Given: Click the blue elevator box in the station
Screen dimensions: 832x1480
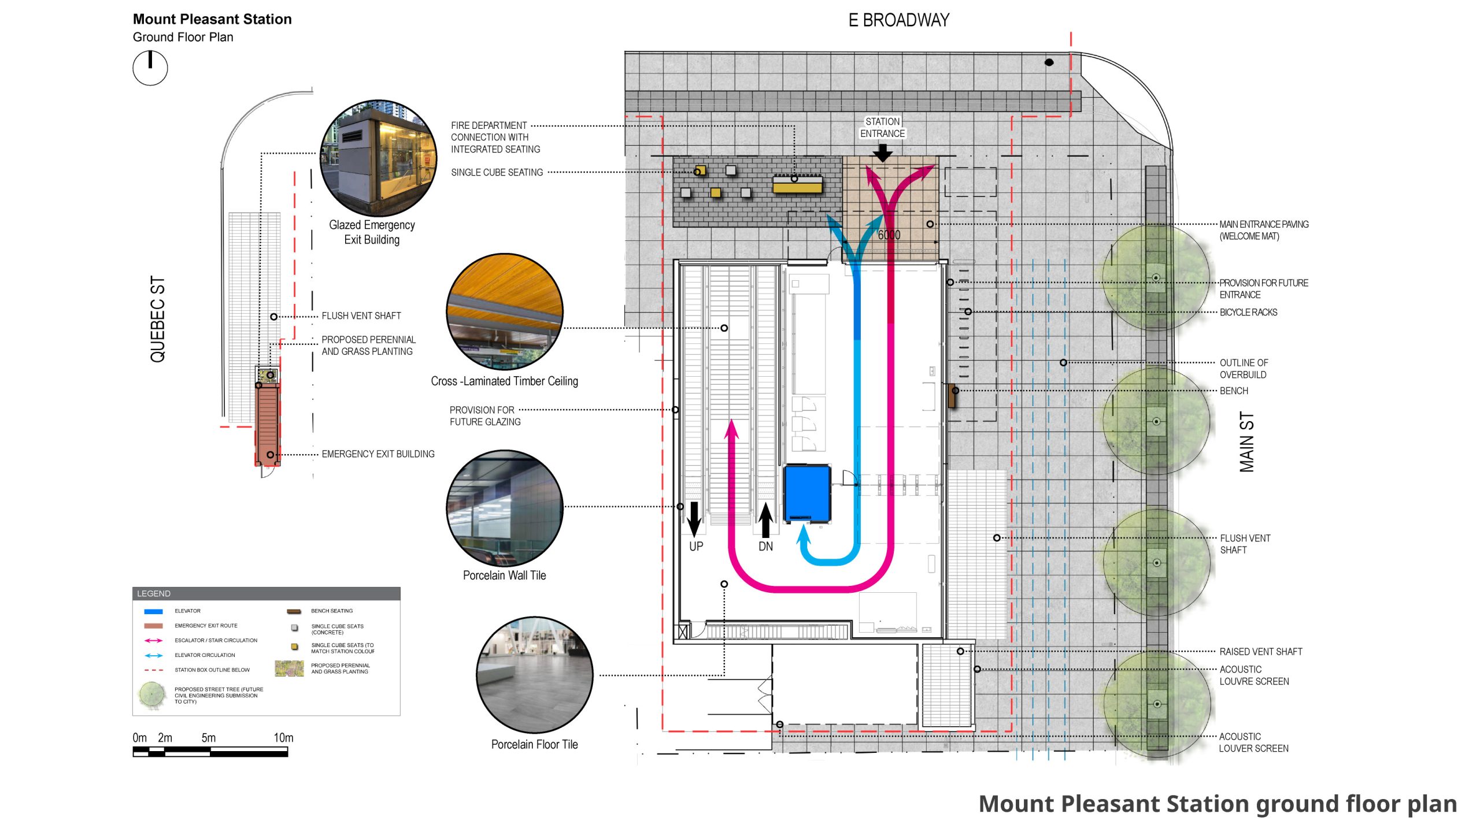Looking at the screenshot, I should click(x=807, y=493).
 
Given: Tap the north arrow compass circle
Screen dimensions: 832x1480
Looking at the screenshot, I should click(x=150, y=68).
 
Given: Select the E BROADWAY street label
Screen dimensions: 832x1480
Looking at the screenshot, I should click(x=898, y=21).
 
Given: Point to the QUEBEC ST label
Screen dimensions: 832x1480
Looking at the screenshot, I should click(x=158, y=319).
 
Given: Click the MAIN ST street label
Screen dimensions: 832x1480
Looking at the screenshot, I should click(x=1247, y=442).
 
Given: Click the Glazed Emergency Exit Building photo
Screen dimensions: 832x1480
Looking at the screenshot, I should click(x=379, y=158).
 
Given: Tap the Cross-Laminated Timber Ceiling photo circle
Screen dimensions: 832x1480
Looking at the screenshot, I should click(x=505, y=311).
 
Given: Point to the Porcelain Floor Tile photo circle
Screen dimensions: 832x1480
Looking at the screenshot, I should click(x=535, y=675).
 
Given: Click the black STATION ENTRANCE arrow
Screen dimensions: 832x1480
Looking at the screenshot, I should click(x=882, y=153).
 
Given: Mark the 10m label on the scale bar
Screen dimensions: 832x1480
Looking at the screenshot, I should click(x=283, y=738).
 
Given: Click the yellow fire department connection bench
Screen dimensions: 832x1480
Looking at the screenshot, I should click(x=798, y=185).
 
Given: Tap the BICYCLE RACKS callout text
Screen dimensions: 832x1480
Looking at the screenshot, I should click(x=1248, y=313).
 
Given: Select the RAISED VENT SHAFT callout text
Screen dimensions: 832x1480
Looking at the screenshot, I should click(x=1261, y=652).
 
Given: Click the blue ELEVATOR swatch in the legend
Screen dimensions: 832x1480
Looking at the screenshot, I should click(x=153, y=611).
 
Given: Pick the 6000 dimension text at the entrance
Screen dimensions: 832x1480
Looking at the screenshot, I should click(x=889, y=235).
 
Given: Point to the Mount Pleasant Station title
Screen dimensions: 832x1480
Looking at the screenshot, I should click(x=212, y=19).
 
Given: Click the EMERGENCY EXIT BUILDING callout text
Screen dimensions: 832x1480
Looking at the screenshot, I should click(x=378, y=454).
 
